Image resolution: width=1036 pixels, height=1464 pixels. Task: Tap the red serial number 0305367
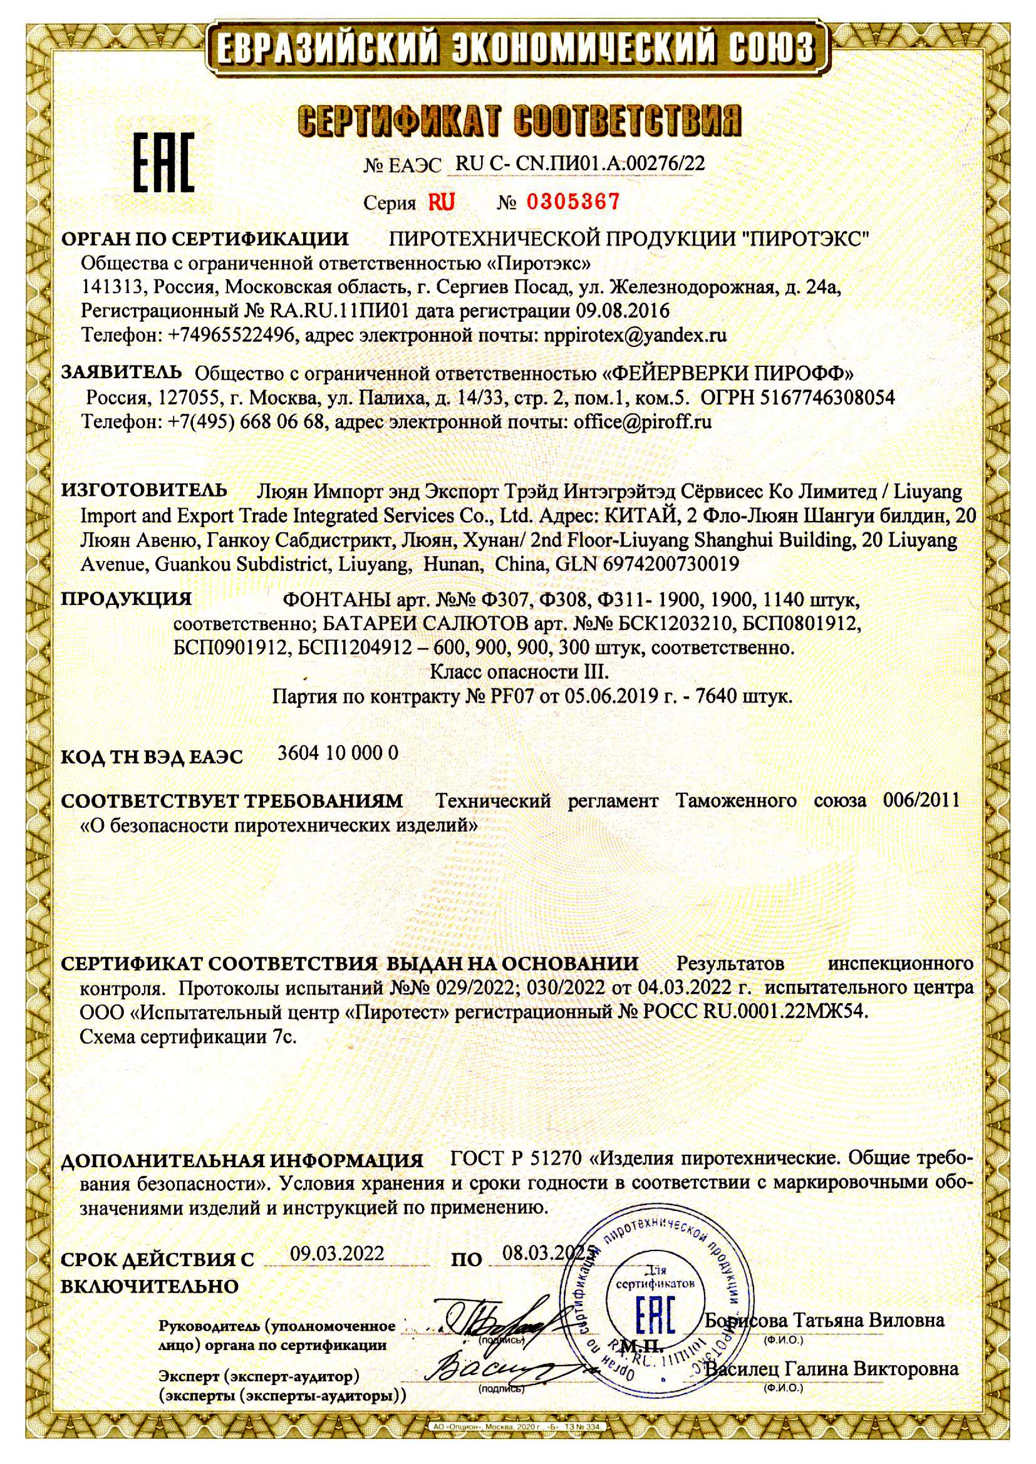click(572, 203)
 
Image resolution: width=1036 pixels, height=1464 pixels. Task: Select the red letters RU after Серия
click(441, 203)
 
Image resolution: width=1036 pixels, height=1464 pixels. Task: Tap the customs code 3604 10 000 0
click(338, 753)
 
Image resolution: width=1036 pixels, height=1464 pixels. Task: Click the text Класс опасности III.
click(520, 672)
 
